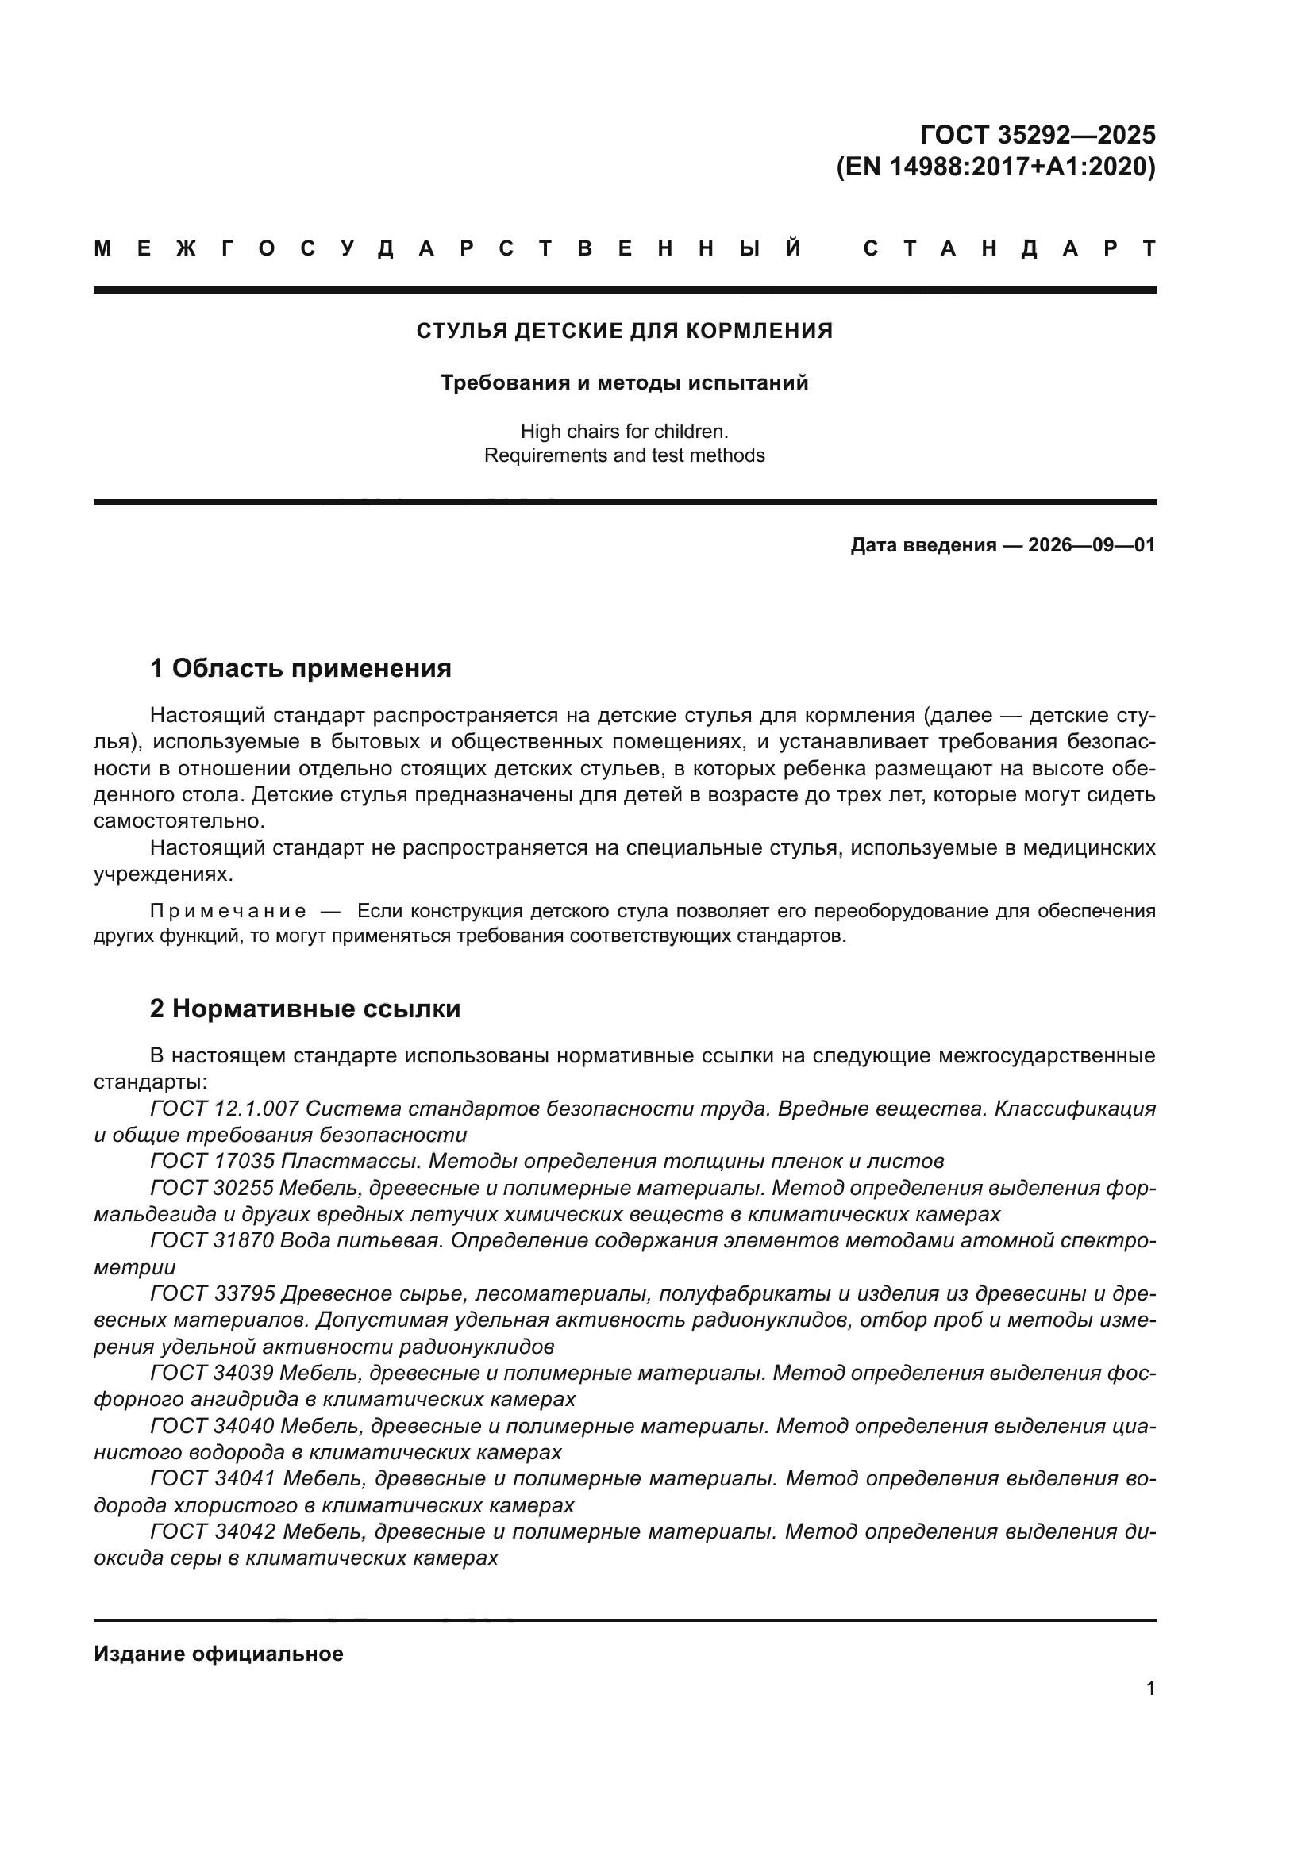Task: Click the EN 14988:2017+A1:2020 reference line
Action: pos(995,167)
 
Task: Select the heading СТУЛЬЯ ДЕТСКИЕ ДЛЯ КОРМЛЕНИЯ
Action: pos(624,331)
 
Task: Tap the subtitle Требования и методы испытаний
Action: pos(624,382)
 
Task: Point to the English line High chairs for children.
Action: pos(624,432)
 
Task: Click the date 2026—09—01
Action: pos(1092,545)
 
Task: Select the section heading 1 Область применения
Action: pos(301,668)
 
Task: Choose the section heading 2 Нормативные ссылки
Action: pos(306,1009)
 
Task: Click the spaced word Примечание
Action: pos(229,912)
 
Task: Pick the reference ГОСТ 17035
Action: pos(212,1162)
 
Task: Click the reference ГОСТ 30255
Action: pos(212,1189)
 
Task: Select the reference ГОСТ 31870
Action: pos(212,1241)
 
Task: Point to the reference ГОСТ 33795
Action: pos(212,1294)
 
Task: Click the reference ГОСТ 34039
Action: pos(212,1374)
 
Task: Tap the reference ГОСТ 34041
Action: pos(212,1479)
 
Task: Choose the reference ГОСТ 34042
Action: pos(212,1531)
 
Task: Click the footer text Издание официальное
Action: pos(218,1654)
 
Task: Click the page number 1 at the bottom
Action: pos(1150,1689)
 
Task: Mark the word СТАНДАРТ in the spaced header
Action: pos(1010,249)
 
